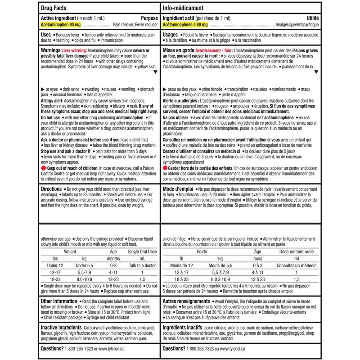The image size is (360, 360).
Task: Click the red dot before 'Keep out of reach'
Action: (x=44, y=167)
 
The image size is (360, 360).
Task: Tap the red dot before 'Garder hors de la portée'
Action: (x=165, y=167)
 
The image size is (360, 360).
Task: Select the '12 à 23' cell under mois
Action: (x=258, y=279)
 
